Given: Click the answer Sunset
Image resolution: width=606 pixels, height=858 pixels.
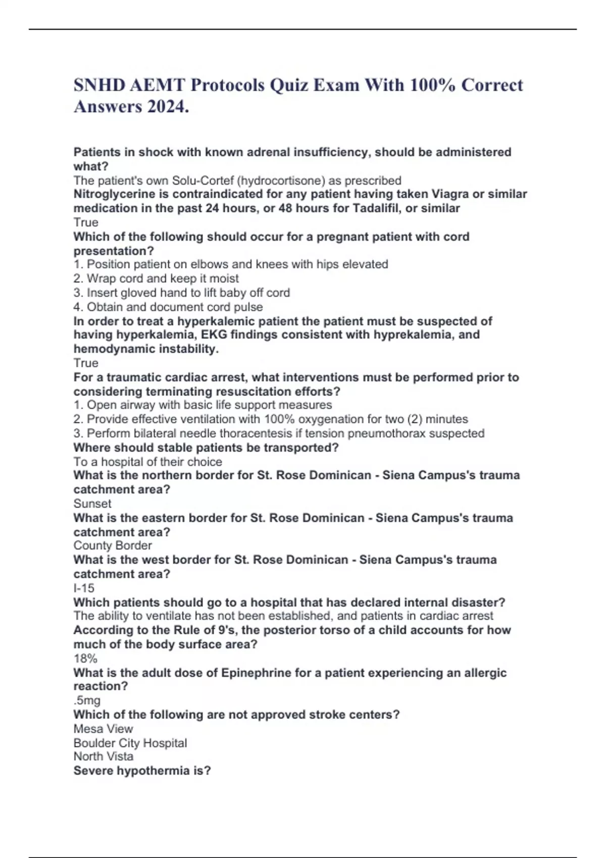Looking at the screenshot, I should pyautogui.click(x=92, y=503).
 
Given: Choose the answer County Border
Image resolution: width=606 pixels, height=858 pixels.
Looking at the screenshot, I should pyautogui.click(x=113, y=545).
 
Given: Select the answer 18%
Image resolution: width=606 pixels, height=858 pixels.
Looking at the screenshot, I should pyautogui.click(x=85, y=658).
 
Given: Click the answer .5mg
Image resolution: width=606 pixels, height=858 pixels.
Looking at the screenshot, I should pyautogui.click(x=87, y=700).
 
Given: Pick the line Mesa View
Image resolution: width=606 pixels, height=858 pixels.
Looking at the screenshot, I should pyautogui.click(x=103, y=728).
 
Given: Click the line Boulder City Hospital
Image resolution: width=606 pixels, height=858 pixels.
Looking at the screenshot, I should pyautogui.click(x=130, y=742).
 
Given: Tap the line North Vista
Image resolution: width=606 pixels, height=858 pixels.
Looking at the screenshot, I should pyautogui.click(x=104, y=756).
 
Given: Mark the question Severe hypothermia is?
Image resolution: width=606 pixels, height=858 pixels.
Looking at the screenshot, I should pyautogui.click(x=142, y=770).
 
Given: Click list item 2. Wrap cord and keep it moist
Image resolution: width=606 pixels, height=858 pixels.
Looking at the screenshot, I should pyautogui.click(x=156, y=278).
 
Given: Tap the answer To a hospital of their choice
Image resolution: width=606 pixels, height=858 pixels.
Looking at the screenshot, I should pyautogui.click(x=148, y=461).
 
